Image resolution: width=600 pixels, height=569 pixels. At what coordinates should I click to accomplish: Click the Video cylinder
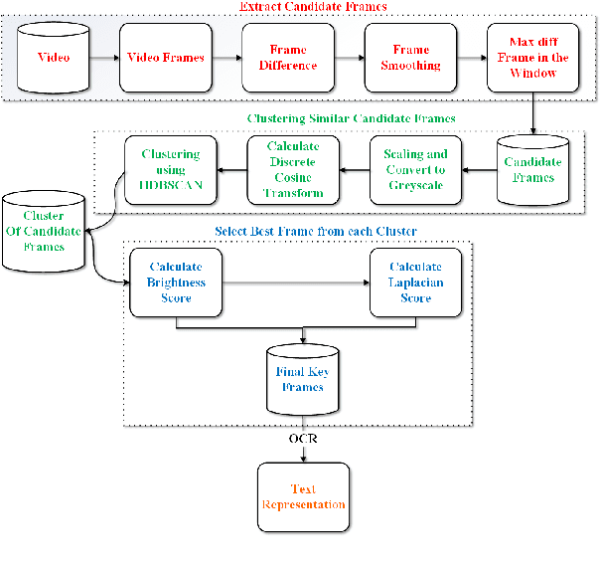pos(54,58)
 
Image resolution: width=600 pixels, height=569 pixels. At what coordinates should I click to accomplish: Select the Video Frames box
pos(166,58)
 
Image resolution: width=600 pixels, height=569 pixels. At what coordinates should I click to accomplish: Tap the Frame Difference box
pos(289,58)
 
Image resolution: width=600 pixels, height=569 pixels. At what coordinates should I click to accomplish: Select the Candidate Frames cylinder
pos(531,169)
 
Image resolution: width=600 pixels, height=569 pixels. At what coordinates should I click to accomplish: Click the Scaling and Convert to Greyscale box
pos(415,169)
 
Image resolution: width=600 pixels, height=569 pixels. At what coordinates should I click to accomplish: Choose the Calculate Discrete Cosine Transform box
pos(293,169)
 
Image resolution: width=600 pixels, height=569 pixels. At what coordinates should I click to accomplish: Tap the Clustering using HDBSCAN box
pos(170,169)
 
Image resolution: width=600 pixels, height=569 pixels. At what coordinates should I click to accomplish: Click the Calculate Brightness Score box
pos(177,283)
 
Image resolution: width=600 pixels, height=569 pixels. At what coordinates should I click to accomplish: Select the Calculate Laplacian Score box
pos(415,283)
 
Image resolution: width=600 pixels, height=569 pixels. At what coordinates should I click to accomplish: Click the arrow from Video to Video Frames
pos(102,58)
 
